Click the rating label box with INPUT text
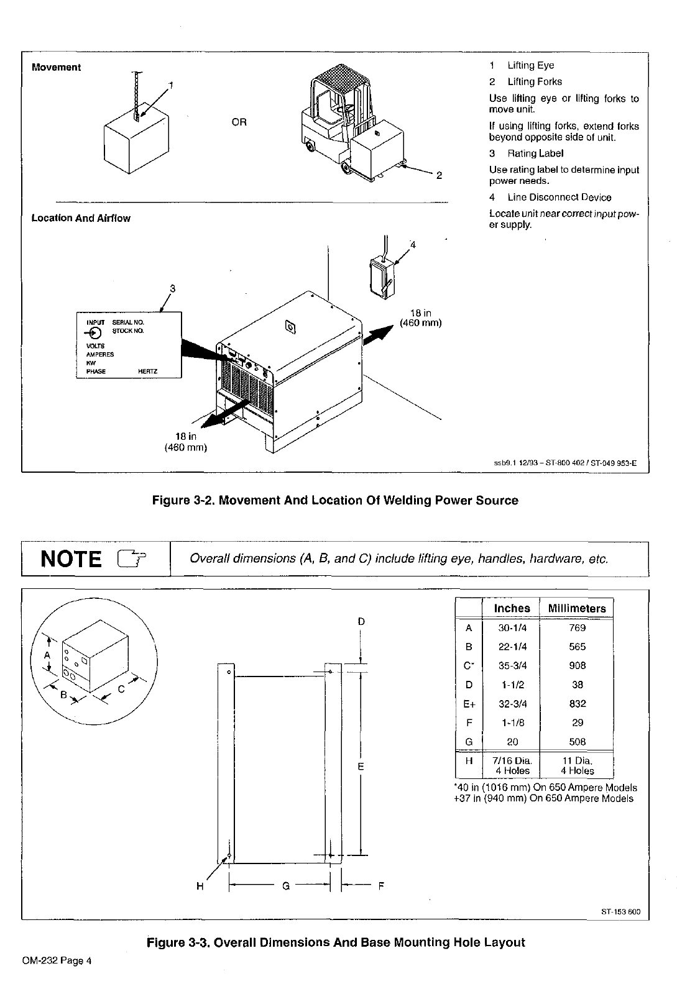click(x=129, y=345)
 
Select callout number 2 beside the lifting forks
click(x=439, y=175)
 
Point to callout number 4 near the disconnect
click(x=412, y=245)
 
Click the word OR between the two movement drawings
click(x=239, y=122)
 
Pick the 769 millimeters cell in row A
click(x=577, y=627)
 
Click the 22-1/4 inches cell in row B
click(x=512, y=647)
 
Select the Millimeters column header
click(x=576, y=608)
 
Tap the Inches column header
click(x=512, y=608)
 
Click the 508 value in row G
click(x=577, y=742)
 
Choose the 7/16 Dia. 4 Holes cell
click(x=512, y=765)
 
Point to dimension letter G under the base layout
click(x=286, y=886)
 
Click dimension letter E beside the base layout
click(x=361, y=767)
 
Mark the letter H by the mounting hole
click(x=200, y=886)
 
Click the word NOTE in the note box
click(x=71, y=559)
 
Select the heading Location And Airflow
click(x=81, y=218)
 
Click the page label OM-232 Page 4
click(x=57, y=961)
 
